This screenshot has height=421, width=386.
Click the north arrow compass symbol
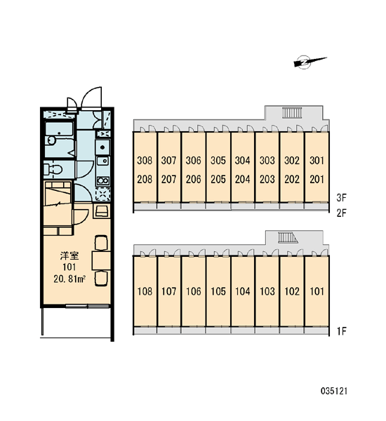coord(309,62)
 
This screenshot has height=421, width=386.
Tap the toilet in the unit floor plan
coord(53,169)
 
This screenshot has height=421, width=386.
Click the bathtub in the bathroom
coord(59,129)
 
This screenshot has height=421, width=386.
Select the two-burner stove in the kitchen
coord(103,180)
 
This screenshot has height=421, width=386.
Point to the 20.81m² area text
coord(69,279)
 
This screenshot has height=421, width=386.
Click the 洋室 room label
coord(69,255)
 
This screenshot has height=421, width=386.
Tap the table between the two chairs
coord(101,260)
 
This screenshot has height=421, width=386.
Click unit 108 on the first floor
coord(145,291)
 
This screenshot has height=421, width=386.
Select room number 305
coord(218,160)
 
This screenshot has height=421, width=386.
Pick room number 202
coord(292,179)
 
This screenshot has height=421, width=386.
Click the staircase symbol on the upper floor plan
coord(292,112)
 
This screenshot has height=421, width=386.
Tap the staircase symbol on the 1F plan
coord(288,238)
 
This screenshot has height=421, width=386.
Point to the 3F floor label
coord(341,198)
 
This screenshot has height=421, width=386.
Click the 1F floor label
coord(342,331)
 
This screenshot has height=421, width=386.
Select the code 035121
coord(334,391)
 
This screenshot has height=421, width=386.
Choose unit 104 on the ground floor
coord(243,291)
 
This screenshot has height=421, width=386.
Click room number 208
coord(145,179)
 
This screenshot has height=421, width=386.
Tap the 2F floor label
coord(342,213)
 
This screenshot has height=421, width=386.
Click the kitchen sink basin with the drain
coord(103,147)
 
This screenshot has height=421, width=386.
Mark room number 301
coord(317,160)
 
